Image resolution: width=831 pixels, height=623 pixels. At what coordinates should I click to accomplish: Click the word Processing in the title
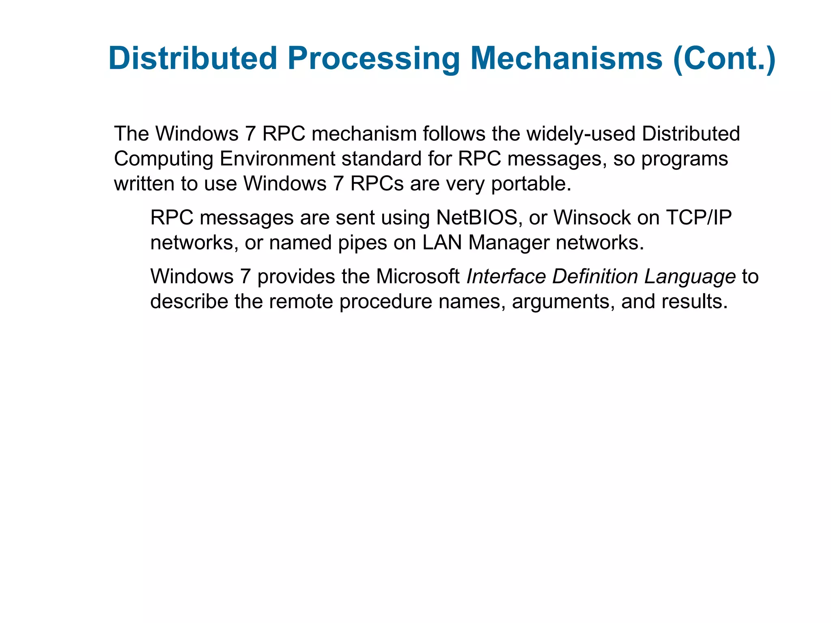coord(373,59)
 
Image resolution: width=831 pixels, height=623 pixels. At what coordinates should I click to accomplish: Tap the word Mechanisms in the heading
coord(566,59)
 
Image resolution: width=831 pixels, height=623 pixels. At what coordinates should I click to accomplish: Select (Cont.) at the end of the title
coord(724,59)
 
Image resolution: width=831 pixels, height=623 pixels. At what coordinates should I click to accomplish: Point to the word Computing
coord(164,159)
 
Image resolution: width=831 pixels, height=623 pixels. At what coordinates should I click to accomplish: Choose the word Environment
coord(277,159)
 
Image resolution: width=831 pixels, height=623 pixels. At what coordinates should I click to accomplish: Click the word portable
coord(531,184)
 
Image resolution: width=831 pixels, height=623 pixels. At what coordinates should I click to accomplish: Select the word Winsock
coord(592,218)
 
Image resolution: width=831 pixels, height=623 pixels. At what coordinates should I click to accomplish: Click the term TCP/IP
coord(699,218)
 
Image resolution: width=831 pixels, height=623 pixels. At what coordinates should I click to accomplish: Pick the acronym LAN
coord(442,243)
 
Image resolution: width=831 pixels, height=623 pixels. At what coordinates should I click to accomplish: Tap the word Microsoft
coord(418,277)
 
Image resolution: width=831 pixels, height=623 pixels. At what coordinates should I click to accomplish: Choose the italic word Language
coord(690,277)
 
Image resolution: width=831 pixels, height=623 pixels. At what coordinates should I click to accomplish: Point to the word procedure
coord(385,302)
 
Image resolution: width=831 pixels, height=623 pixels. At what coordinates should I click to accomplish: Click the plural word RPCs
coord(377,184)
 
